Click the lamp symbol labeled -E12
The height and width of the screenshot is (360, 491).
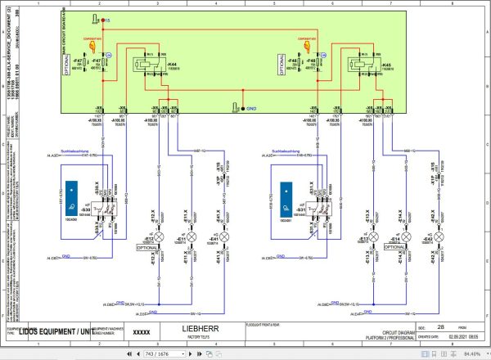click(160, 237)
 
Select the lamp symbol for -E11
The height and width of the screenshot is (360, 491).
click(192, 237)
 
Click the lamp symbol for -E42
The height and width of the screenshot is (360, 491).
click(439, 237)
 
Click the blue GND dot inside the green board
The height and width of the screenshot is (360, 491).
click(236, 106)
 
